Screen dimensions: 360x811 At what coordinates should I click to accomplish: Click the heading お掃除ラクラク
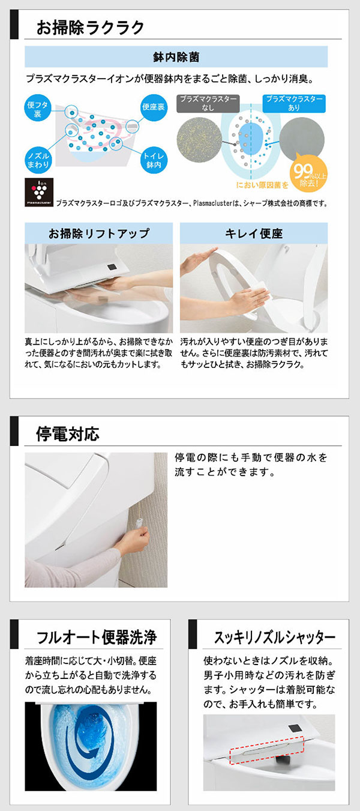(x=90, y=28)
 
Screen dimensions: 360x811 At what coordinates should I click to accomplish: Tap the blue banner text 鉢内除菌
(x=176, y=57)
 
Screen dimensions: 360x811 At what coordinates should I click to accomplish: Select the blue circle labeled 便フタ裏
(x=38, y=109)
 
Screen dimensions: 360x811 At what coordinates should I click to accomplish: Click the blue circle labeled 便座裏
(x=154, y=107)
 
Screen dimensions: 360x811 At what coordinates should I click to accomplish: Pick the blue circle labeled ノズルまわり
(x=38, y=160)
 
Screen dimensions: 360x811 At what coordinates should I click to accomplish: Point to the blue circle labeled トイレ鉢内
(x=154, y=160)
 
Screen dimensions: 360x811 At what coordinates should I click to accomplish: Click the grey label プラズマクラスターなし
(x=208, y=103)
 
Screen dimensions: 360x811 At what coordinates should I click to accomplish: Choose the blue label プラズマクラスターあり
(x=294, y=103)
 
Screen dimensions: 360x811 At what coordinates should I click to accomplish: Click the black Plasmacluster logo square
(x=39, y=192)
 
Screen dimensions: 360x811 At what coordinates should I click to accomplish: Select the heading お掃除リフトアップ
(x=99, y=234)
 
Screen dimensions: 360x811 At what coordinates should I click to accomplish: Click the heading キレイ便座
(x=254, y=234)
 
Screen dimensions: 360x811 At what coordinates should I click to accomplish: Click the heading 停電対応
(x=68, y=434)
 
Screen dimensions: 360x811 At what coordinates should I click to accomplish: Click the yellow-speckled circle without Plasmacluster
(x=199, y=139)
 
